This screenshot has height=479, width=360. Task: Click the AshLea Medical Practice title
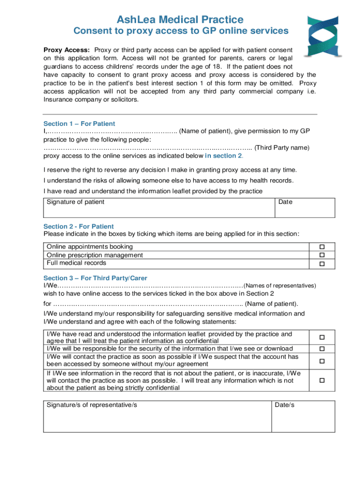pyautogui.click(x=180, y=19)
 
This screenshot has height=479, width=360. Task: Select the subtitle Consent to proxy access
pyautogui.click(x=180, y=31)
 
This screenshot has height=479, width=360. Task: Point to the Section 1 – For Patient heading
pyautogui.click(x=79, y=124)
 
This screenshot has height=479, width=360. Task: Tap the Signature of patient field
pyautogui.click(x=158, y=208)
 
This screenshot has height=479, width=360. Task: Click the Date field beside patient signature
pyautogui.click(x=305, y=208)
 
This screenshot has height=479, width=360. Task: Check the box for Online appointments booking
pyautogui.click(x=321, y=247)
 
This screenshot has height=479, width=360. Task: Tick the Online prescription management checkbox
pyautogui.click(x=321, y=255)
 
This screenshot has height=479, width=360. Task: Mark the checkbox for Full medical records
pyautogui.click(x=321, y=264)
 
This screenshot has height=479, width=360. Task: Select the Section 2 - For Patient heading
pyautogui.click(x=79, y=226)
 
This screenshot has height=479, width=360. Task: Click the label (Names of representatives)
pyautogui.click(x=281, y=286)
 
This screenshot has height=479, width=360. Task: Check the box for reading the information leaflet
pyautogui.click(x=321, y=337)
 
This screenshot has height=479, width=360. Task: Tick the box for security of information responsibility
pyautogui.click(x=321, y=349)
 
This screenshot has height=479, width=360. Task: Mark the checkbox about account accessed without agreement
pyautogui.click(x=321, y=361)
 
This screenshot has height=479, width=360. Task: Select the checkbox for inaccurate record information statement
pyautogui.click(x=321, y=381)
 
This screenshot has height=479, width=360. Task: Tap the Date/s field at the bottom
pyautogui.click(x=303, y=416)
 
